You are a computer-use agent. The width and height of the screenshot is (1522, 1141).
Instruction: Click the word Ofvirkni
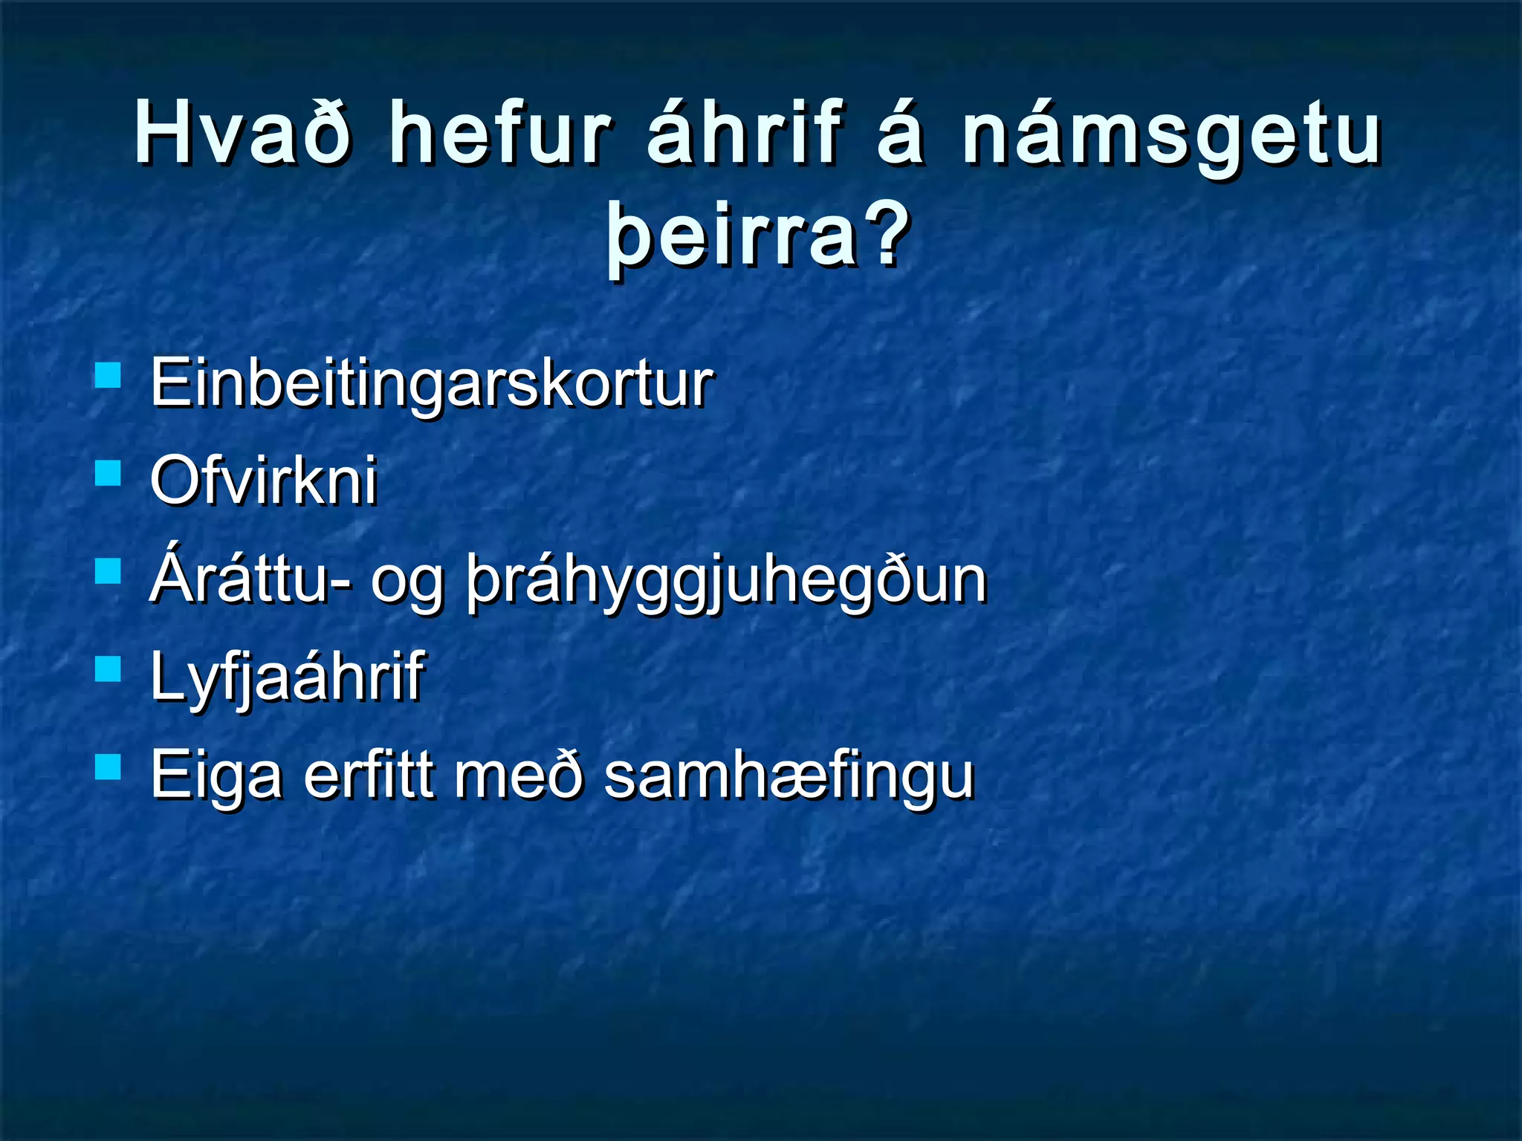[x=264, y=481]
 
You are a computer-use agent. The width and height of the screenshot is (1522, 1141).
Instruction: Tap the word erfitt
[x=369, y=774]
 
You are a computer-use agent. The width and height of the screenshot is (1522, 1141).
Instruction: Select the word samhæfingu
[x=788, y=776]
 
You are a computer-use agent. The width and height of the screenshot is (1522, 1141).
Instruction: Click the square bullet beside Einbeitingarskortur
[x=109, y=375]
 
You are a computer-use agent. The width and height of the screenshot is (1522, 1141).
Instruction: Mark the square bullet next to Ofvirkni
[x=109, y=472]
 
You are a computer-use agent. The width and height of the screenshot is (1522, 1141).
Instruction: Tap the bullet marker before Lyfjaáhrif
[x=109, y=669]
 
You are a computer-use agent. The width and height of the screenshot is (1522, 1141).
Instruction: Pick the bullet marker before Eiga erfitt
[x=109, y=766]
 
